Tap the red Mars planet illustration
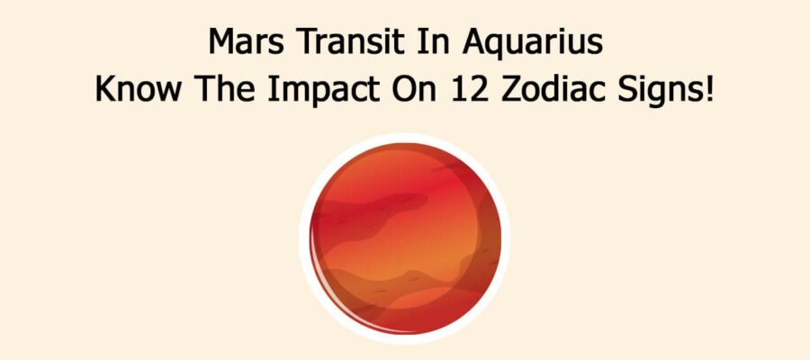click(x=405, y=238)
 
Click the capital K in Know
click(x=105, y=93)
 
